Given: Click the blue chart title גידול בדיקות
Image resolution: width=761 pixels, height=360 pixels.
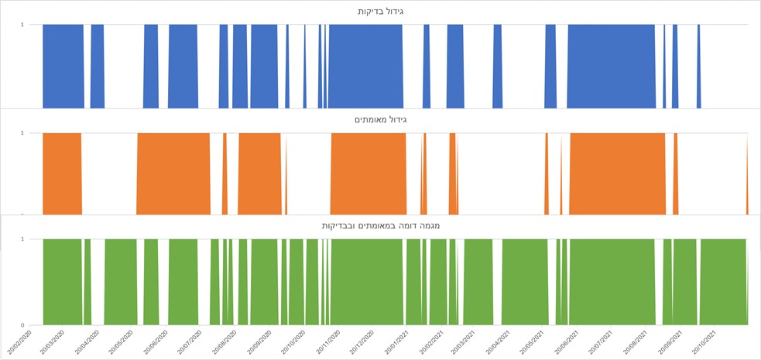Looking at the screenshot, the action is tap(380, 11).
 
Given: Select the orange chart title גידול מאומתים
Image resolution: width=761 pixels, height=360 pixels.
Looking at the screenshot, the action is tap(380, 119).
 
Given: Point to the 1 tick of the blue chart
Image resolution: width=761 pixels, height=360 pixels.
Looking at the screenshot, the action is tap(22, 24).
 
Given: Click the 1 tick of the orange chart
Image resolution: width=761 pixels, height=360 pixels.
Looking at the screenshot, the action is tap(22, 133).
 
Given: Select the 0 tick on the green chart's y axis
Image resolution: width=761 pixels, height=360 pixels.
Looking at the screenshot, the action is tap(22, 325).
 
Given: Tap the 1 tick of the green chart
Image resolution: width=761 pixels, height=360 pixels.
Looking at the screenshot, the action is tap(22, 239).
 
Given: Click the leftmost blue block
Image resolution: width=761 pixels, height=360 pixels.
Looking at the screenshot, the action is tap(63, 66).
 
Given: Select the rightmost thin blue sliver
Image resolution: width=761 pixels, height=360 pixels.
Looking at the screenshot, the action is tap(699, 66).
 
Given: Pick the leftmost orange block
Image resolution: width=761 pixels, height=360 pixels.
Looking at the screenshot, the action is tap(62, 173).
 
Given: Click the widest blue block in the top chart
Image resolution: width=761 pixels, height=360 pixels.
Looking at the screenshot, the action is tap(612, 66).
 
